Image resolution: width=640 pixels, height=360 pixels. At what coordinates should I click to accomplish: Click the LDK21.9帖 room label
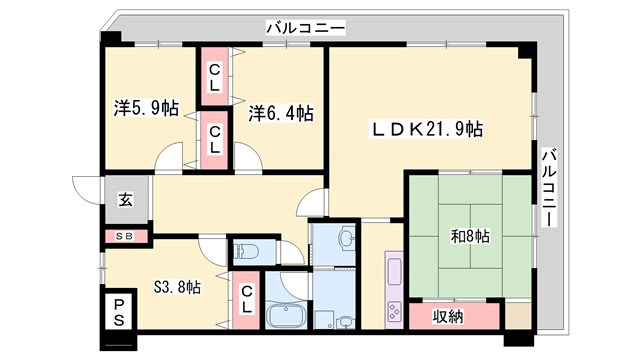(427, 129)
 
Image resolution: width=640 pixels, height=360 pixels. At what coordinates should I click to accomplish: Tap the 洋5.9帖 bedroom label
(146, 108)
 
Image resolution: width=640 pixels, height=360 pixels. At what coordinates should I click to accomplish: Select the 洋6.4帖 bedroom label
(281, 113)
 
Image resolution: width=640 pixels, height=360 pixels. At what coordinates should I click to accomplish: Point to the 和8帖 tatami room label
(470, 236)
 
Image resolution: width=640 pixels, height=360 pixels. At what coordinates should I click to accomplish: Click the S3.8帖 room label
(177, 287)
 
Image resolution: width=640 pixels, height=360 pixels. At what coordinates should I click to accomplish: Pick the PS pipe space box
(119, 312)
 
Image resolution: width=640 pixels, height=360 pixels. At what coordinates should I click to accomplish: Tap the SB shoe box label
(124, 236)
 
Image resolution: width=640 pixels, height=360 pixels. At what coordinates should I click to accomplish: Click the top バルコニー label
(306, 28)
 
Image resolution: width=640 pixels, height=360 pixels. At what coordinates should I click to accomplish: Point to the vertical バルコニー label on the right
(549, 188)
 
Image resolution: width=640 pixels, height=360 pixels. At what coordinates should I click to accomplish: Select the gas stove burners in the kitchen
(394, 311)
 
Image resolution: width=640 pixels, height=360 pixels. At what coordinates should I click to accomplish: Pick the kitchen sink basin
(394, 271)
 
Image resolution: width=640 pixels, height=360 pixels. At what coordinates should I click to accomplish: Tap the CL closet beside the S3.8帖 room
(246, 300)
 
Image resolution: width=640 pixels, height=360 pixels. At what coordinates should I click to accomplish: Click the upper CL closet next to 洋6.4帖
(214, 78)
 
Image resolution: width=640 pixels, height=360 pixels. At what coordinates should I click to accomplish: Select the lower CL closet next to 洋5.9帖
(214, 140)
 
